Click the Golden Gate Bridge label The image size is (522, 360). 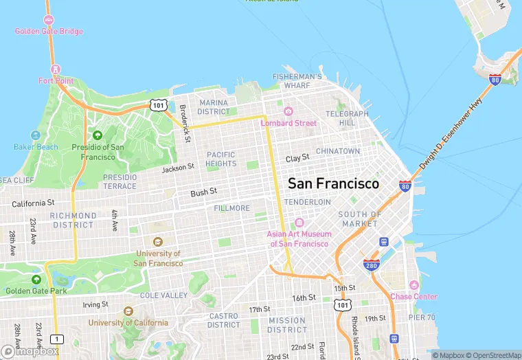49,31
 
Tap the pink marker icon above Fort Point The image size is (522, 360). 56,69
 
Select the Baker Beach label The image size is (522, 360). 36,146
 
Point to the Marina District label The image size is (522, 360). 214,107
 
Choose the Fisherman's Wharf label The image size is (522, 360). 297,80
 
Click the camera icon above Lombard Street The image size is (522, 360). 288,111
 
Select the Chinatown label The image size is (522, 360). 338,151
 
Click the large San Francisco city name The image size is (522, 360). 333,184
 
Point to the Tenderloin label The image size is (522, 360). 307,202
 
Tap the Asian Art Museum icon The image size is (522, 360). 299,223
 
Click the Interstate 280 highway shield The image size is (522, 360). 371,265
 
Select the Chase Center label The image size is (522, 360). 413,296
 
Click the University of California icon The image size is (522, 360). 128,311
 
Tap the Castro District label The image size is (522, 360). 224,320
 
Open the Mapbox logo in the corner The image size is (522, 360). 30,352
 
